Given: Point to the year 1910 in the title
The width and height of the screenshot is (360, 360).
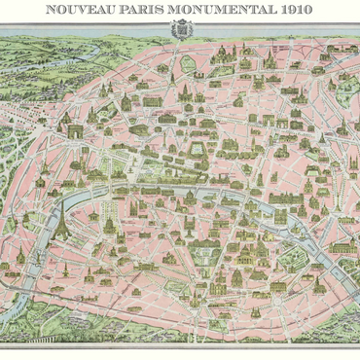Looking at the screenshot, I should (x=291, y=10).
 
